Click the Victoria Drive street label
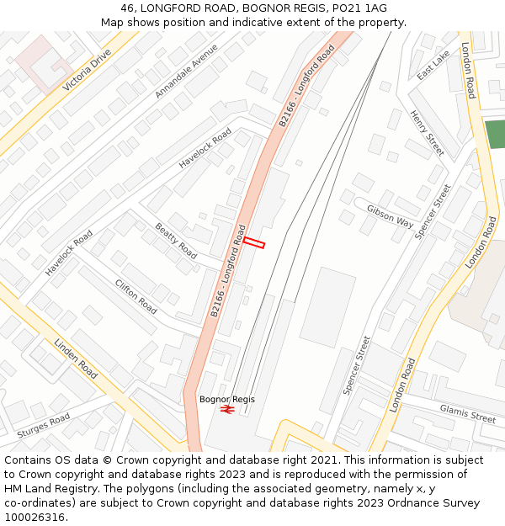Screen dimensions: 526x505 pyautogui.click(x=88, y=69)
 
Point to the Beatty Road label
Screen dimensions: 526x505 pyautogui.click(x=176, y=241)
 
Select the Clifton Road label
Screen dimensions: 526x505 pyautogui.click(x=136, y=296)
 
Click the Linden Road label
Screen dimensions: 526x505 pyautogui.click(x=76, y=358)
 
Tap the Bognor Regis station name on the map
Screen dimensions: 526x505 pyautogui.click(x=226, y=399)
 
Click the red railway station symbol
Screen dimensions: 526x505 pyautogui.click(x=226, y=409)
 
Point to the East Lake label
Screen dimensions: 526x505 pyautogui.click(x=433, y=64)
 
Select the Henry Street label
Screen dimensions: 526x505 pyautogui.click(x=427, y=133)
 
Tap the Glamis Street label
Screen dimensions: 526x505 pyautogui.click(x=467, y=412)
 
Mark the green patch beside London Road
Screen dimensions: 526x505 pyautogui.click(x=495, y=135)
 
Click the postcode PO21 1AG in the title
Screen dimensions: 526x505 pyautogui.click(x=359, y=8)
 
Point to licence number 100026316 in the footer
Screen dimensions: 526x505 pyautogui.click(x=35, y=517)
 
